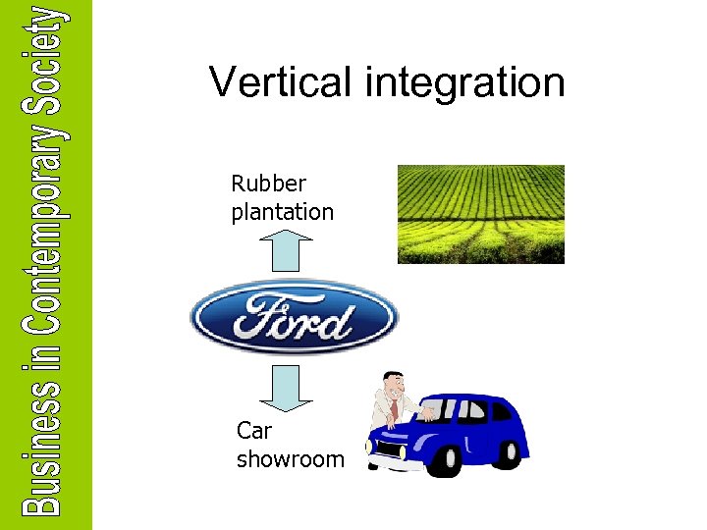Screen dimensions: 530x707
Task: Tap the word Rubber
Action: click(x=269, y=184)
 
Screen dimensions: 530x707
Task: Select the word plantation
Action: click(x=283, y=212)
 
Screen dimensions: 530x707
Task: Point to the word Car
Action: click(x=254, y=430)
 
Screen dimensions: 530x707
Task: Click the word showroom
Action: click(x=291, y=458)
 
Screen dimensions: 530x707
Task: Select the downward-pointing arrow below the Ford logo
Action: click(x=291, y=387)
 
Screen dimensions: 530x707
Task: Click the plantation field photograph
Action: click(x=480, y=214)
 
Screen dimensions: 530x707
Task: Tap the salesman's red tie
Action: click(x=395, y=406)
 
